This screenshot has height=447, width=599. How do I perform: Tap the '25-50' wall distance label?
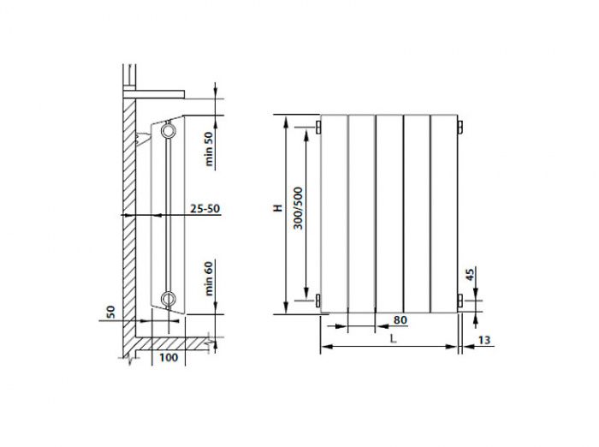point(200,208)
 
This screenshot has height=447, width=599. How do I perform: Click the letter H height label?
point(276,208)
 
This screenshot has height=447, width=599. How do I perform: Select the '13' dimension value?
point(485,341)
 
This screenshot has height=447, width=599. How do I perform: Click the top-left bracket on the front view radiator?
point(318,128)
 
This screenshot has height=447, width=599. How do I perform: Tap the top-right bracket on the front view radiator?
point(460,128)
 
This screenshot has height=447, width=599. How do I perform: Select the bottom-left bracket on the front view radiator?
point(318,300)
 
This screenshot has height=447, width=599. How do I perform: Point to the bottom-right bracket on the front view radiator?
point(460,300)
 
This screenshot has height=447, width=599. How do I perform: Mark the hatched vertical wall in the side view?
point(128,214)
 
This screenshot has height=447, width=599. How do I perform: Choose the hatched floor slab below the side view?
point(171,343)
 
